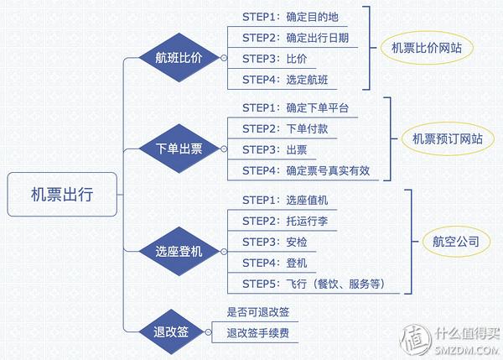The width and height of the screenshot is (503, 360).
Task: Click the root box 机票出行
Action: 63,195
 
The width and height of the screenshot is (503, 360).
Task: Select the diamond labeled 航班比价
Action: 178,58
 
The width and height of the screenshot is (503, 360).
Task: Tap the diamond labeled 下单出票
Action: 179,149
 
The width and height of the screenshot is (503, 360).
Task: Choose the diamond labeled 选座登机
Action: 179,251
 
